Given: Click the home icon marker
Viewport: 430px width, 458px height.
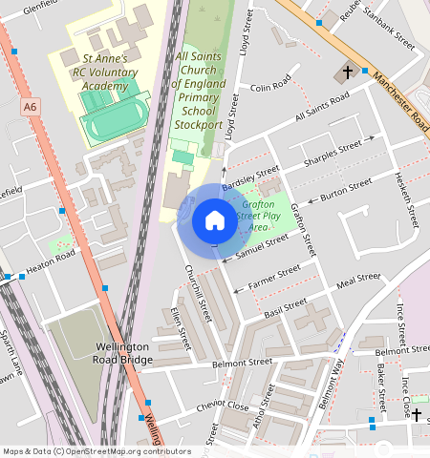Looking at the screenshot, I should coord(214,221).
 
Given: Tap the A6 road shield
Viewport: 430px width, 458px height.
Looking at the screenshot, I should coord(31,108).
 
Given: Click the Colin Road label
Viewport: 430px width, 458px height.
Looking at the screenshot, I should coord(269,87).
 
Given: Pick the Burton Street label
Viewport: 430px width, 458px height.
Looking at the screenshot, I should coord(345,190).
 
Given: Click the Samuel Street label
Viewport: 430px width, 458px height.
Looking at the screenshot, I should coord(262,245).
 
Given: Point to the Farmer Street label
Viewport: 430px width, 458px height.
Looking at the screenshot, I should coord(273,276).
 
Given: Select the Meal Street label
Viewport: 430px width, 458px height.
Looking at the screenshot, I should coord(359,280).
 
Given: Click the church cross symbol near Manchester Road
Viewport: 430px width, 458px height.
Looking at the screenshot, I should coord(348,73).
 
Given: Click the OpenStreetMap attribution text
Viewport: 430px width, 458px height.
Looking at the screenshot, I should coord(96,451).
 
